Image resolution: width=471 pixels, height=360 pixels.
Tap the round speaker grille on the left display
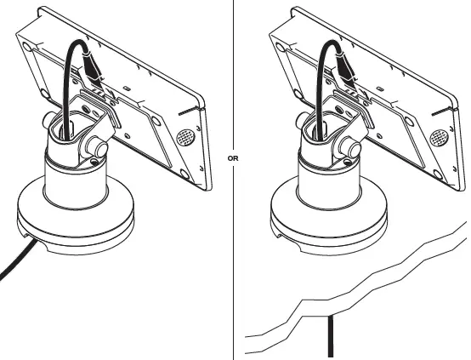coord(184,136)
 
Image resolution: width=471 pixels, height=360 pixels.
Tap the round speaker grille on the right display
coord(437,136)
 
